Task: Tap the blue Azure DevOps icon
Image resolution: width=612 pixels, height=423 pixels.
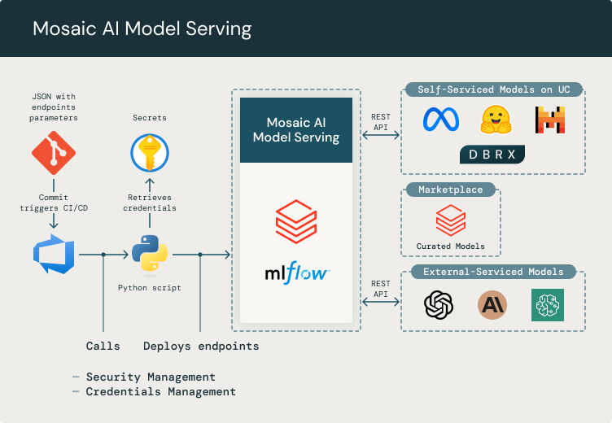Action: pos(54,255)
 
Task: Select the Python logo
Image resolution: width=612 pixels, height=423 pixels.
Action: pos(150,255)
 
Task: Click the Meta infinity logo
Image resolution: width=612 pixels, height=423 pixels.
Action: pos(441,120)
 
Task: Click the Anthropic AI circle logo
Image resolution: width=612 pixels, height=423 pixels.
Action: pos(492,305)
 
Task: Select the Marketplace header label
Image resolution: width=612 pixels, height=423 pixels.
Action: pos(450,190)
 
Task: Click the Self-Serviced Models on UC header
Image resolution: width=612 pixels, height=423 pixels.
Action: pos(493,89)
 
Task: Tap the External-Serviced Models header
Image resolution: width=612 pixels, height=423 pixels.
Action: pos(493,272)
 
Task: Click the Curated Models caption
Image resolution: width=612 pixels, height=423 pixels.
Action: pos(450,246)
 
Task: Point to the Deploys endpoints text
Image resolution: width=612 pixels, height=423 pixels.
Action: pos(201,346)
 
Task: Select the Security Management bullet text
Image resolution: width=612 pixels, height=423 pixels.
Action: pos(151,377)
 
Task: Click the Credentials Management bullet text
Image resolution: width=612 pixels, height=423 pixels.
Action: pos(160,391)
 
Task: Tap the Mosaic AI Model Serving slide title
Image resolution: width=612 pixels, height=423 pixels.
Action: pos(142,29)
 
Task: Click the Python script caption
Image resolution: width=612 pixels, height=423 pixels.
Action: pos(150,287)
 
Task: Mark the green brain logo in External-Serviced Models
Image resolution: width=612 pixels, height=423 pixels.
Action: pos(547,305)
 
